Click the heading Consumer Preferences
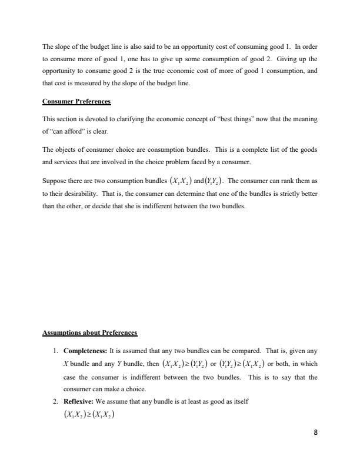click(76, 101)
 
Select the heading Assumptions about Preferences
click(89, 333)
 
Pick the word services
click(66, 161)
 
